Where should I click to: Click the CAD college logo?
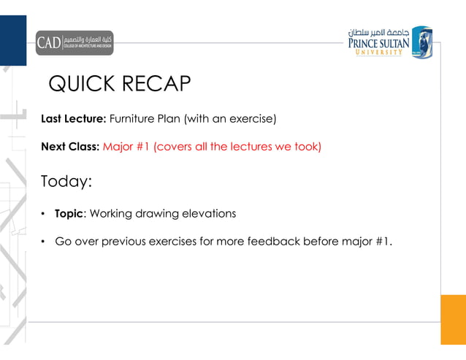point(75,42)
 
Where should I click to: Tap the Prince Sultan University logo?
point(389,42)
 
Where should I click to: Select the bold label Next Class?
point(70,146)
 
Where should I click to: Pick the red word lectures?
point(251,146)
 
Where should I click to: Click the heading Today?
point(71,181)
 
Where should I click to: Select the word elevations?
point(210,214)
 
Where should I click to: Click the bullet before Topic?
point(45,214)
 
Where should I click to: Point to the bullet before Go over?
point(45,242)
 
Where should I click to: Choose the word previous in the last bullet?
point(129,242)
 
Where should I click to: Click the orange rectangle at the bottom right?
point(453,319)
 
